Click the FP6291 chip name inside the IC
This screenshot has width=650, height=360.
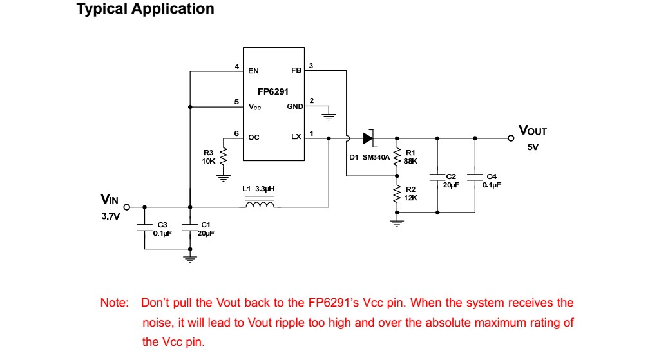coord(273,92)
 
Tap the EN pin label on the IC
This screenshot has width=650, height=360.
coord(253,71)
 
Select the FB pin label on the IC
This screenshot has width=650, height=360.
coord(296,70)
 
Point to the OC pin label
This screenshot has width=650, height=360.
coord(253,137)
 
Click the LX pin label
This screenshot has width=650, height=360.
coord(296,137)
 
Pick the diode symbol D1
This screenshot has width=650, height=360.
coord(368,137)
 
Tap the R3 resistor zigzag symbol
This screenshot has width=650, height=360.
coord(224,156)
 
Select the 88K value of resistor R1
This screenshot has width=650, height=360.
coord(410,160)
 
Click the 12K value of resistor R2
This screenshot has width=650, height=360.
coord(410,198)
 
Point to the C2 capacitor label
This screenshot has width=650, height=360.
coord(451,176)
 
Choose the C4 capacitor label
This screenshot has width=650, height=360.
coord(492,176)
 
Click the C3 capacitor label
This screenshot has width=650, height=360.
coord(162,224)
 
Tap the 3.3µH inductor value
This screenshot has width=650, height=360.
coord(265,189)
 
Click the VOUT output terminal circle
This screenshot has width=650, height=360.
coord(511,138)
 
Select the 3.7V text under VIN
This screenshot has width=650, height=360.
coord(110,216)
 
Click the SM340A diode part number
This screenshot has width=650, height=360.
coord(376,156)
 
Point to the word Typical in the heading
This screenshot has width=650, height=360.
coord(102,9)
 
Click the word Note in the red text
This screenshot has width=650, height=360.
coord(114,303)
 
